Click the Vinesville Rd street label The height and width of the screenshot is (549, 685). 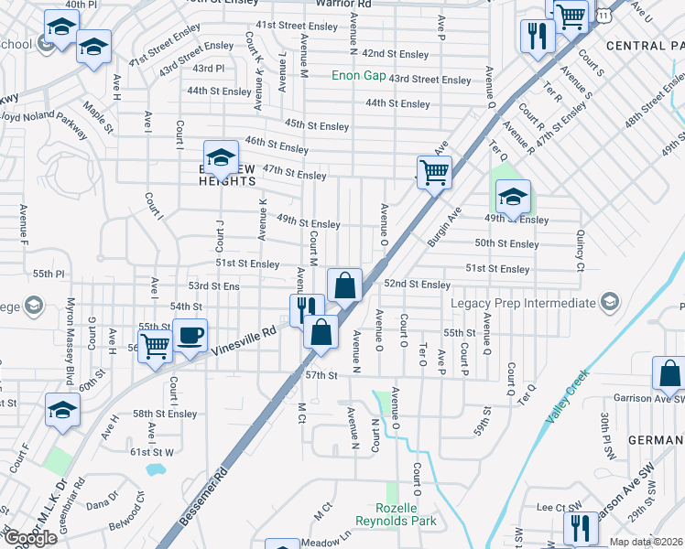tap(243, 340)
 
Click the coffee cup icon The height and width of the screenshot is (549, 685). tap(190, 336)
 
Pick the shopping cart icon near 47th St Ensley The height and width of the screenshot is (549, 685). tap(433, 171)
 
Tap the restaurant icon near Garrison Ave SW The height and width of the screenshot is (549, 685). tap(580, 528)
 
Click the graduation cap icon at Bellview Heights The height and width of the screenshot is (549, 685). tap(221, 157)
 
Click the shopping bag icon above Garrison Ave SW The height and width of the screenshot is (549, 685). tap(669, 374)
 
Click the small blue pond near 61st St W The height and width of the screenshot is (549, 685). tap(155, 468)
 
